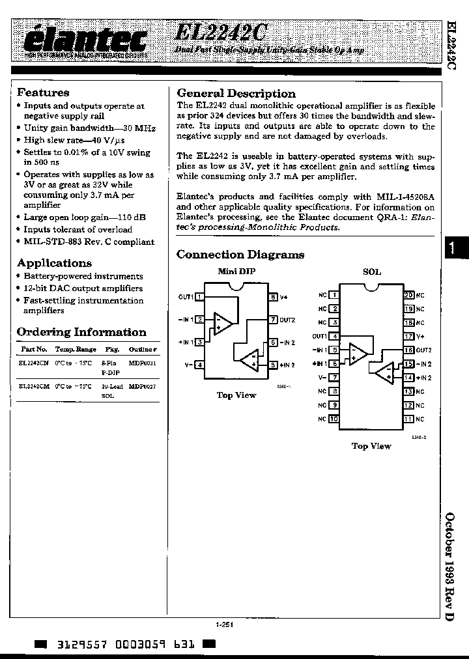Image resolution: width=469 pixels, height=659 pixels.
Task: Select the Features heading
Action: [x=43, y=92]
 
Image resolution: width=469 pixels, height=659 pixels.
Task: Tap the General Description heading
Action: [x=236, y=93]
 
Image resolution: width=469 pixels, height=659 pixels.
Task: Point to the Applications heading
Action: [x=54, y=263]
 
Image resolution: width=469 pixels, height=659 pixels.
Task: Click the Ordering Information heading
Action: [x=81, y=332]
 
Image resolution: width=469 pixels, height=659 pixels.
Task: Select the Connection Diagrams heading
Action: [x=240, y=255]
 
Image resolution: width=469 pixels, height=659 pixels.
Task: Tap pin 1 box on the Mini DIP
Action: [x=200, y=297]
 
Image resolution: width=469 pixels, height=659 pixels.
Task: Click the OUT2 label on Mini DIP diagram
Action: [x=288, y=320]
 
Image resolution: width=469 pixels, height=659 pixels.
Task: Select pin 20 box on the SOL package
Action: [x=408, y=295]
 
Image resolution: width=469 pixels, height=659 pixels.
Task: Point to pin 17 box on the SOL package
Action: [x=408, y=337]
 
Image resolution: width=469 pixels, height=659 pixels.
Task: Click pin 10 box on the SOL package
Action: [x=334, y=419]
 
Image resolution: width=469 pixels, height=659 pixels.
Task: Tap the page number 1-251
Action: [x=224, y=624]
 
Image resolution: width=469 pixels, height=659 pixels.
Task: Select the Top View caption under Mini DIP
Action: [x=236, y=395]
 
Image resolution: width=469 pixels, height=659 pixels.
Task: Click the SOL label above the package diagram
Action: [x=371, y=272]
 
